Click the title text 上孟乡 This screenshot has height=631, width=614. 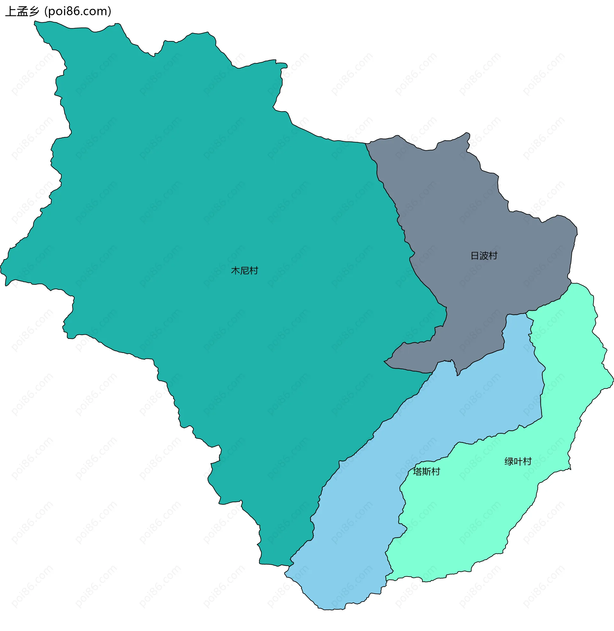pyautogui.click(x=22, y=12)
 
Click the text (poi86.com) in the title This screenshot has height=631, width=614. pyautogui.click(x=78, y=12)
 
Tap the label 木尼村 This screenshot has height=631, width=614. pyautogui.click(x=244, y=271)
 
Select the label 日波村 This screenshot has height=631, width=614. pyautogui.click(x=484, y=256)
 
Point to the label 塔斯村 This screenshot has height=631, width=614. pyautogui.click(x=426, y=472)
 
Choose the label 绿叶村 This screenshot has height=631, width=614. pyautogui.click(x=518, y=462)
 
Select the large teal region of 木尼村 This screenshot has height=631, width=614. pyautogui.click(x=193, y=194)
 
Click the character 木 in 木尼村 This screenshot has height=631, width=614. pyautogui.click(x=235, y=271)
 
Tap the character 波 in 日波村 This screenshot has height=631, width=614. pyautogui.click(x=484, y=256)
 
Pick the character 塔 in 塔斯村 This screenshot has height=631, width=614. pyautogui.click(x=417, y=472)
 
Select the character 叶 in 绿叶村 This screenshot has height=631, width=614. pyautogui.click(x=518, y=462)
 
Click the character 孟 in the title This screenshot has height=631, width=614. pyautogui.click(x=22, y=12)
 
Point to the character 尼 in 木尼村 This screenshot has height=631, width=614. pyautogui.click(x=244, y=271)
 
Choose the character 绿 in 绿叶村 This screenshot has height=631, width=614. pyautogui.click(x=509, y=462)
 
